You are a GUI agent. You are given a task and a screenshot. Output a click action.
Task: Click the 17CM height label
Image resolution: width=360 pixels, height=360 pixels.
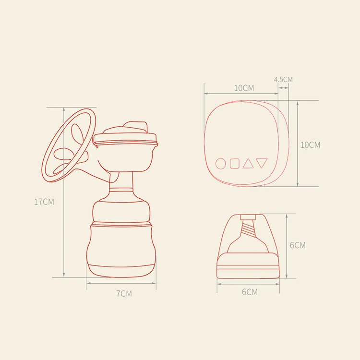pos(44,202)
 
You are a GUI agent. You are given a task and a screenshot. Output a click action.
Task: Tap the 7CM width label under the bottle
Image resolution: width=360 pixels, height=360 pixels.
pos(124,293)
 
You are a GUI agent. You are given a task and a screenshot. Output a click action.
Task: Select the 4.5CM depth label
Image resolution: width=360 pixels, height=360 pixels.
pos(283,79)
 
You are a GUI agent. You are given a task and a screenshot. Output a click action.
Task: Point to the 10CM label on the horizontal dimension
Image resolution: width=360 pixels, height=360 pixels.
pos(244,88)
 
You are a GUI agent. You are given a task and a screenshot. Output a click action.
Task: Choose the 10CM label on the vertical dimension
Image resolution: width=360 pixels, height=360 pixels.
pos(310,144)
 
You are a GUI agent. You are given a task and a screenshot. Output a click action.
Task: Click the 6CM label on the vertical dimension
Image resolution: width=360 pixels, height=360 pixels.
pos(298,245)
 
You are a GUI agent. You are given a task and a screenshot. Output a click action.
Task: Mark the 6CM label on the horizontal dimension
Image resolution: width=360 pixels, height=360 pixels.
pos(249,292)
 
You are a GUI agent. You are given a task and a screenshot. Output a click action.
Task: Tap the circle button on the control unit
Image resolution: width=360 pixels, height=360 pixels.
pos(220,164)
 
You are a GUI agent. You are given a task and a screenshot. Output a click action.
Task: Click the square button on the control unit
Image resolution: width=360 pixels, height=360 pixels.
pos(234,164)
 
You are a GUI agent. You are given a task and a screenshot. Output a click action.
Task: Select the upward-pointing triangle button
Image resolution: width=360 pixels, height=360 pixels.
pos(248,164)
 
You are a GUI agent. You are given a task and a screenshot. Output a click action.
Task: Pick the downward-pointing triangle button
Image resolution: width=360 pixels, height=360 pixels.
pos(261,163)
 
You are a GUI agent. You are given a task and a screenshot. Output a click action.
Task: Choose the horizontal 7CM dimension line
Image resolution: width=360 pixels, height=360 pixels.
pos(122,284)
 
